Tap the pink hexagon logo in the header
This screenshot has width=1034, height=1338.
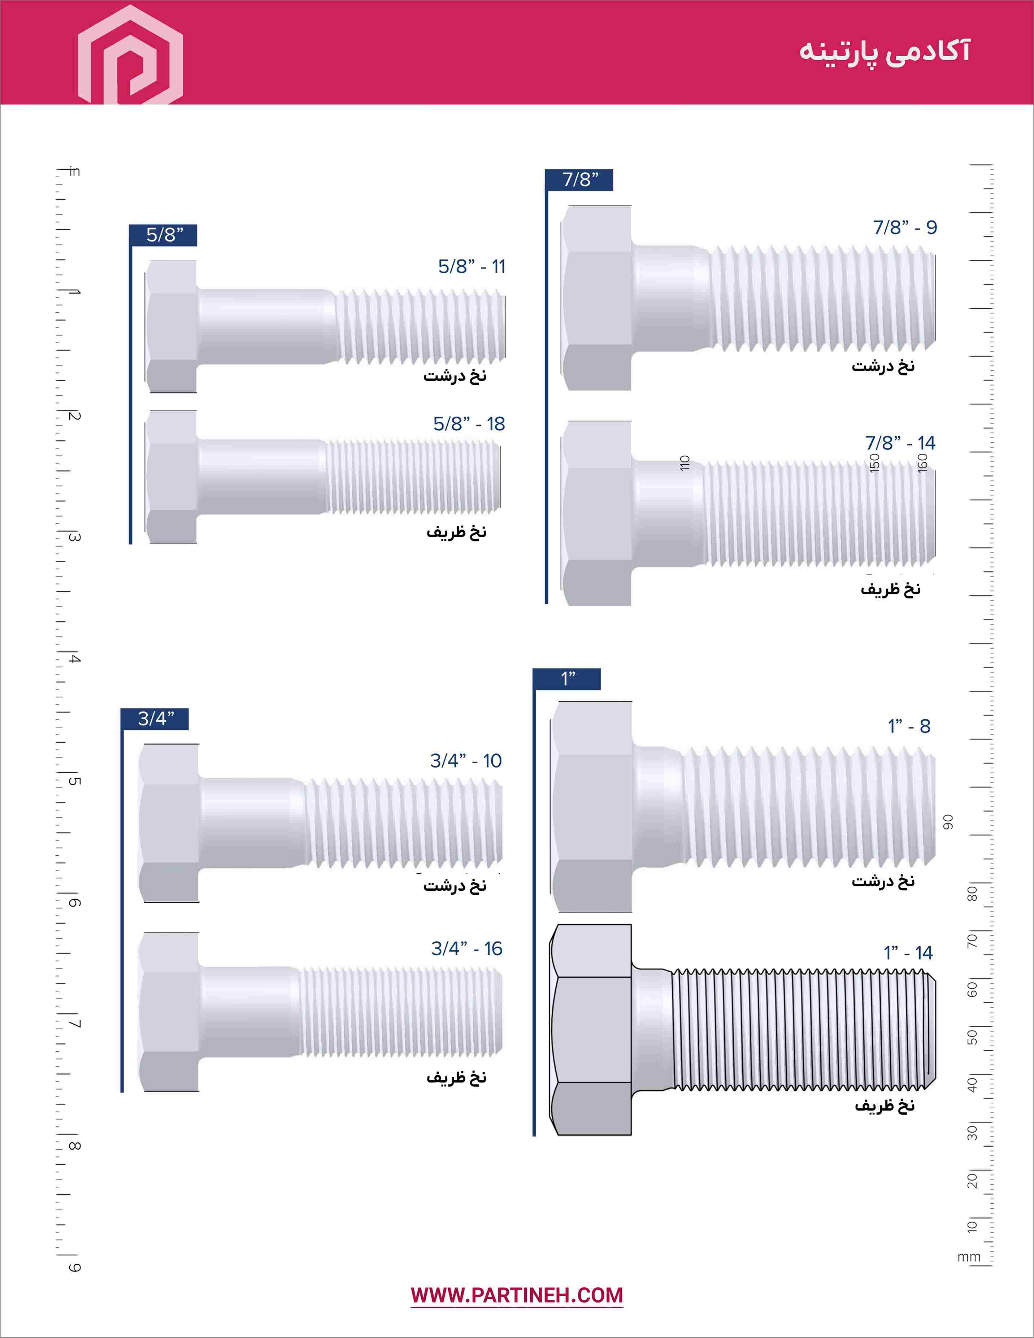130,55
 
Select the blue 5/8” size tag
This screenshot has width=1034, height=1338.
163,235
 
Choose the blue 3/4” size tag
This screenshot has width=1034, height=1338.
155,718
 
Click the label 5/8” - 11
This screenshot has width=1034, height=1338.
472,266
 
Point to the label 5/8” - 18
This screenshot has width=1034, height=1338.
469,424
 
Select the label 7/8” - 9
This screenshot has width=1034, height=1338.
905,227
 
